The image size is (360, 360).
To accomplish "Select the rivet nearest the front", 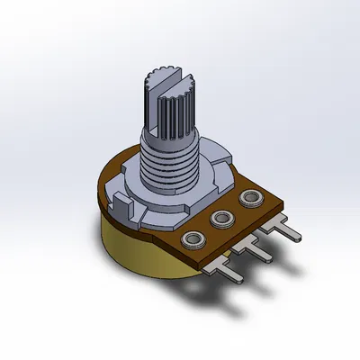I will tap(192, 239).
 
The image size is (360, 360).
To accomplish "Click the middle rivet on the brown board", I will tap(220, 218).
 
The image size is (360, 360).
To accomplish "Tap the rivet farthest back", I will tap(249, 197).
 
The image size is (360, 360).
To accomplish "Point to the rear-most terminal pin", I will tap(289, 230).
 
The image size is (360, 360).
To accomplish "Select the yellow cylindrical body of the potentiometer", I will tap(135, 261).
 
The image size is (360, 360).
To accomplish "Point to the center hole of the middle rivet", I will tap(220, 218).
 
